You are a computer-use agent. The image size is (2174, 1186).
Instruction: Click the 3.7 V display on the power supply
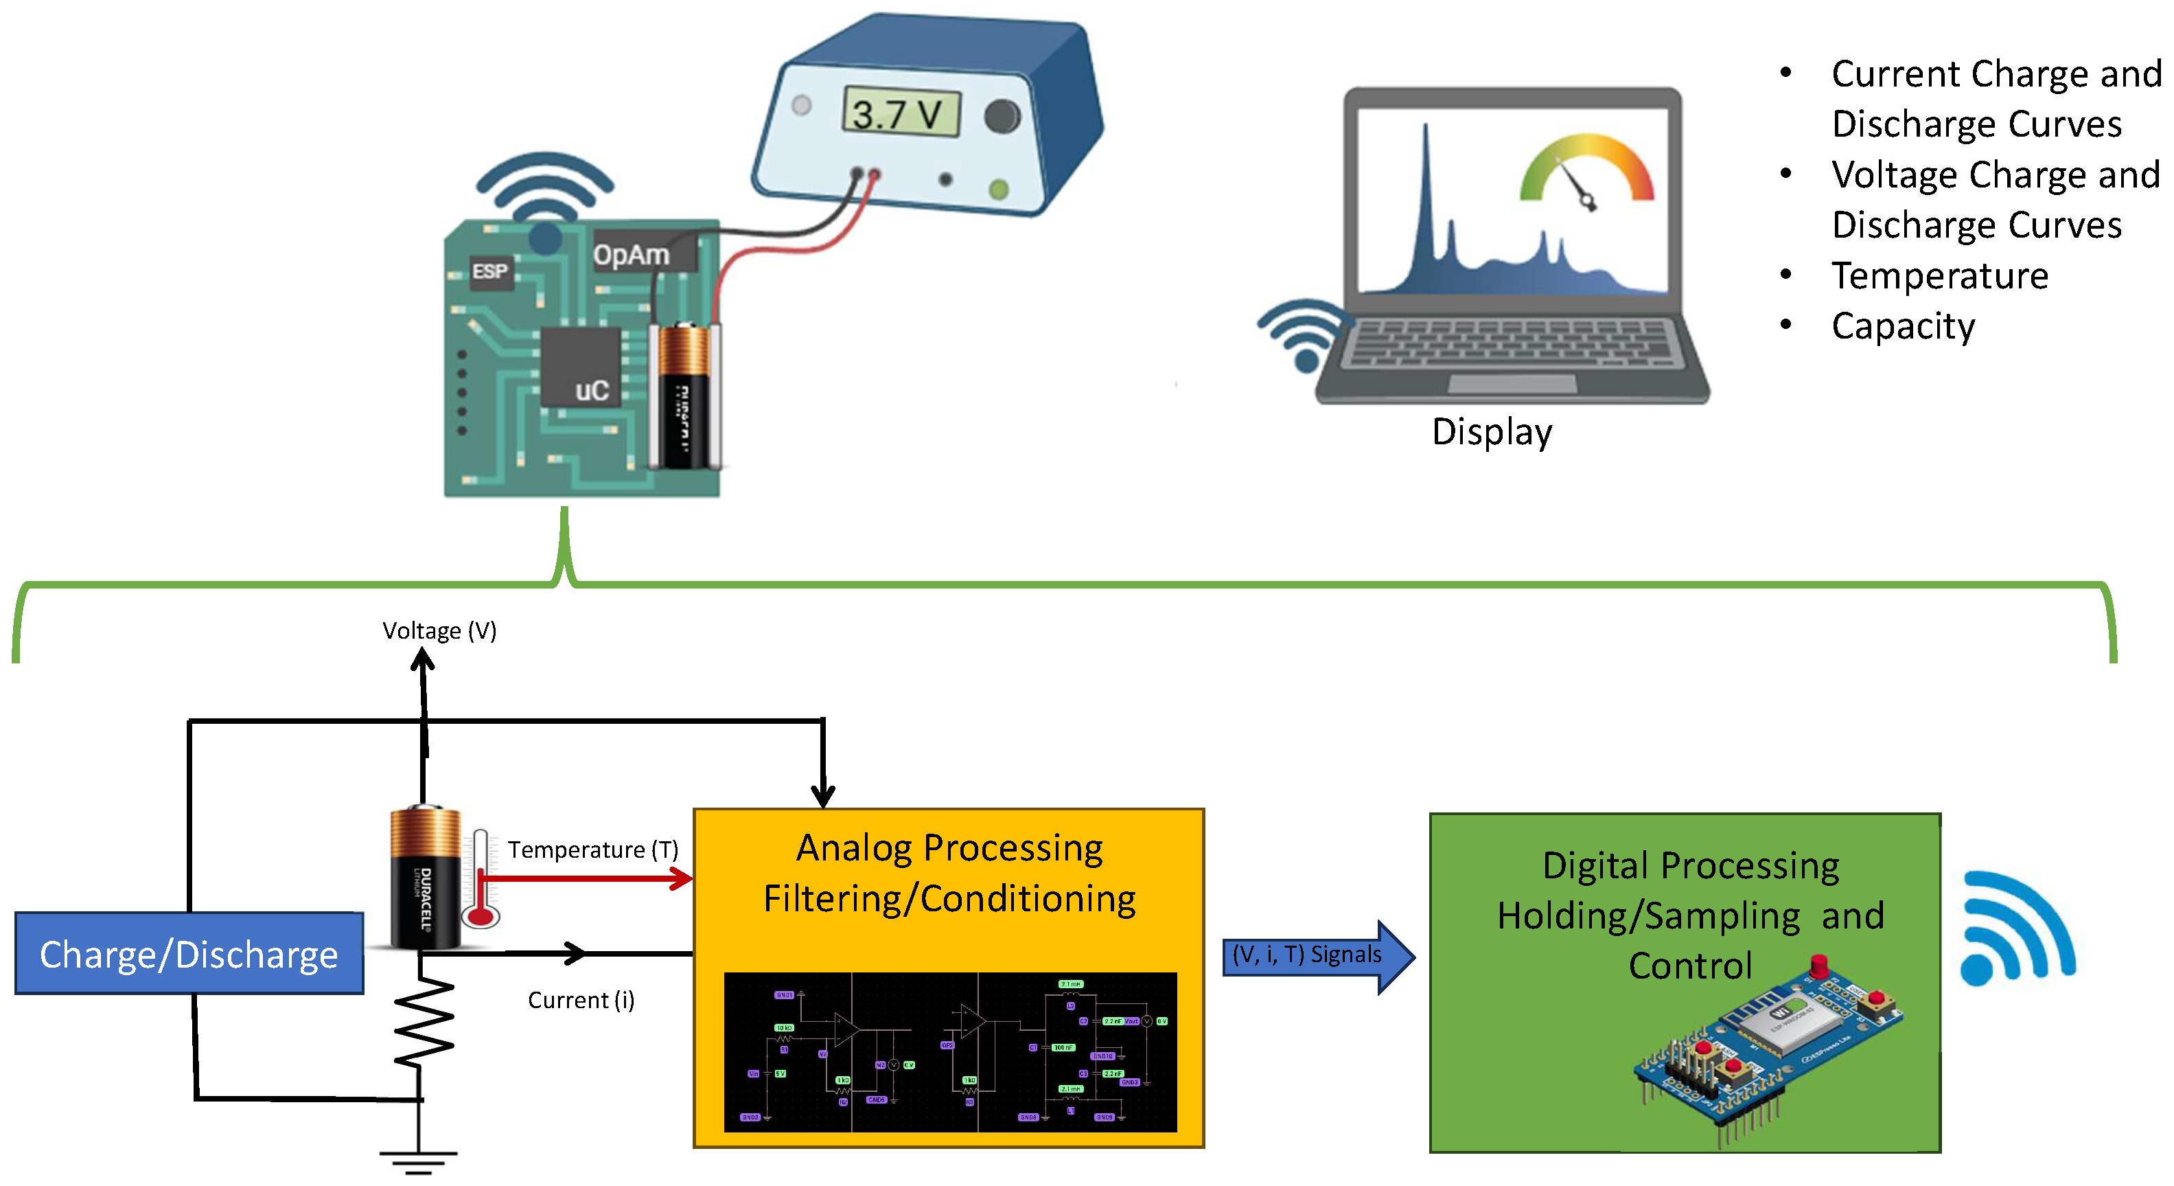(901, 113)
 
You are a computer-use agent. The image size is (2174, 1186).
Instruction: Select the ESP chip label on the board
(490, 271)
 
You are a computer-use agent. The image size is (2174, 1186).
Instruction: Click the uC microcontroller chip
(581, 368)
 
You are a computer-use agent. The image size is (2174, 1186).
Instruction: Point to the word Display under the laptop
(1491, 431)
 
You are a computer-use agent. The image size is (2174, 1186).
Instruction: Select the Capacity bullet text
(1902, 326)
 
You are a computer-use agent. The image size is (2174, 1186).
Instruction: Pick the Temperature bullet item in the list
(1939, 276)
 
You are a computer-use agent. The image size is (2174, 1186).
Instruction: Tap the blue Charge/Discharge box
(189, 954)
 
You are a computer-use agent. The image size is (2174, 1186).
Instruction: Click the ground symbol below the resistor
(419, 1160)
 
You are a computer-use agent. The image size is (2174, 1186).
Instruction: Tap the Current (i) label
(581, 1001)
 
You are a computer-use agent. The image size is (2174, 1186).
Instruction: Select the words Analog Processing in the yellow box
(949, 848)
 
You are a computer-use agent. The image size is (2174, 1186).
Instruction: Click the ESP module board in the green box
(1768, 1047)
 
